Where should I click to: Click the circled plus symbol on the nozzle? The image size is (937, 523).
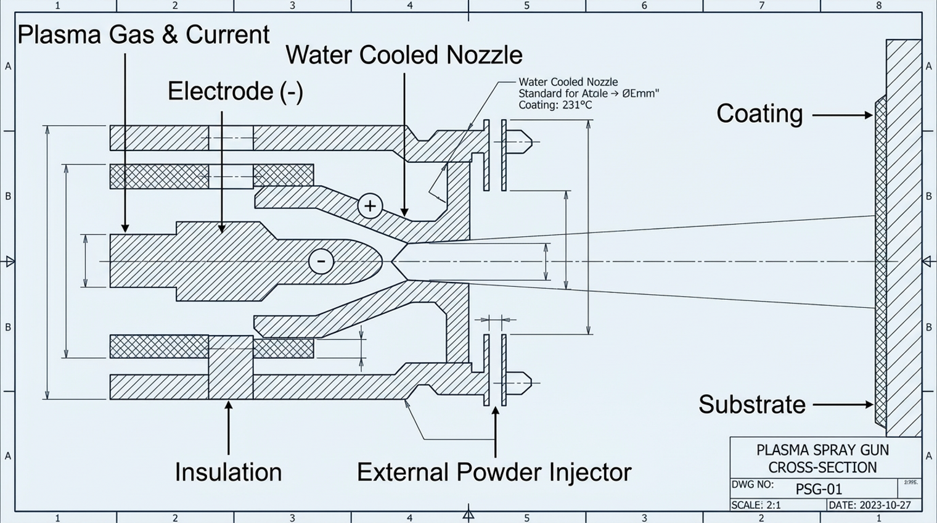tap(370, 206)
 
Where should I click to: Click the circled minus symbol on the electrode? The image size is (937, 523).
tap(321, 261)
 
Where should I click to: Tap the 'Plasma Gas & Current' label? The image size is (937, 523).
tap(143, 35)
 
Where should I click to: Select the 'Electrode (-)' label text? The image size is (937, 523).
tap(235, 91)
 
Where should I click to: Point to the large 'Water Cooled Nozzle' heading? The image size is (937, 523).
tap(404, 55)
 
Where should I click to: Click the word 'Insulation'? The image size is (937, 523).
tap(228, 472)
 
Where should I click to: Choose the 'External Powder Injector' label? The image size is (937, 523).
tap(494, 472)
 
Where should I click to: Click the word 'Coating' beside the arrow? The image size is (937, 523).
tap(759, 114)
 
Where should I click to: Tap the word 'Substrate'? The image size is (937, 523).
tap(751, 405)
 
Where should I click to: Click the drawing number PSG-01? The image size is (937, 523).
tap(819, 490)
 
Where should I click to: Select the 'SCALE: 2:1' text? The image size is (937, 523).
tap(756, 505)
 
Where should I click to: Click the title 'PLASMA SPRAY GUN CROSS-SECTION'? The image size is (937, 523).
tap(822, 458)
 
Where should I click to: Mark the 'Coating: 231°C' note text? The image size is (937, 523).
tap(555, 105)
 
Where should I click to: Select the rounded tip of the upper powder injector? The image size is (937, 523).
tap(526, 142)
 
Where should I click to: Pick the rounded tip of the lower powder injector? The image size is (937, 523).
tap(526, 383)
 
